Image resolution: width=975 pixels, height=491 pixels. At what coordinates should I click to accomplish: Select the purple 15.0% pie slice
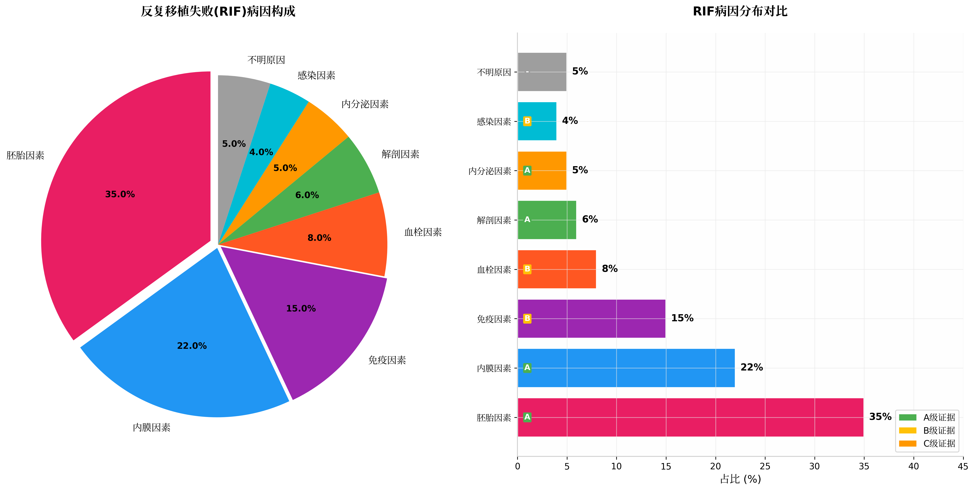[310, 322]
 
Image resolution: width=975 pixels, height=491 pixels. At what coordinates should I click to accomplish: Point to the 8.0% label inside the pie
[319, 238]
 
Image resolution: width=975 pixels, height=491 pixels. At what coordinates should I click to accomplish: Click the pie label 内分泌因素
[365, 104]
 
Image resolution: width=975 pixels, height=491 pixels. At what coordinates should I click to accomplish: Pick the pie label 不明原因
[266, 60]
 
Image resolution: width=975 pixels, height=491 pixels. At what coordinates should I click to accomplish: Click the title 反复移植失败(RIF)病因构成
[218, 11]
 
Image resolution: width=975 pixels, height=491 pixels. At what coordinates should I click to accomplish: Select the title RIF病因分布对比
[740, 11]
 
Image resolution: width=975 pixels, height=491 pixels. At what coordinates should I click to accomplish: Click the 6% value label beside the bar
[590, 219]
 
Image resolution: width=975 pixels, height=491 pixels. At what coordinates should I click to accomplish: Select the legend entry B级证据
[939, 430]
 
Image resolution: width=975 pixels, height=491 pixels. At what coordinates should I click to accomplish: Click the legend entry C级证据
[939, 443]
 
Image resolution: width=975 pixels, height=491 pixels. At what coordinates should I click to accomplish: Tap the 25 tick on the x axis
[765, 466]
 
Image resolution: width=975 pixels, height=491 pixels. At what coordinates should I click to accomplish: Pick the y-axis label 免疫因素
[494, 319]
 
